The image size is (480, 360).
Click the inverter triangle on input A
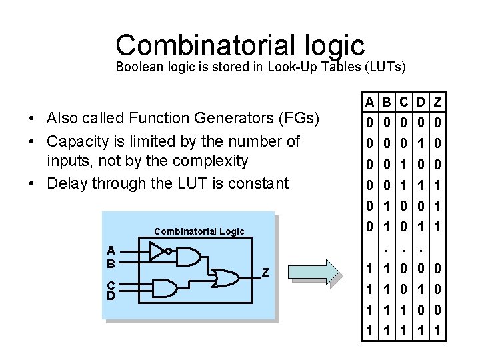[x=157, y=251]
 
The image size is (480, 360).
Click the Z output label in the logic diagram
[x=265, y=271]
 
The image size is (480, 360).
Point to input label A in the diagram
[x=112, y=251]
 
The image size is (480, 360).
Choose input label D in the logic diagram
[x=112, y=295]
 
